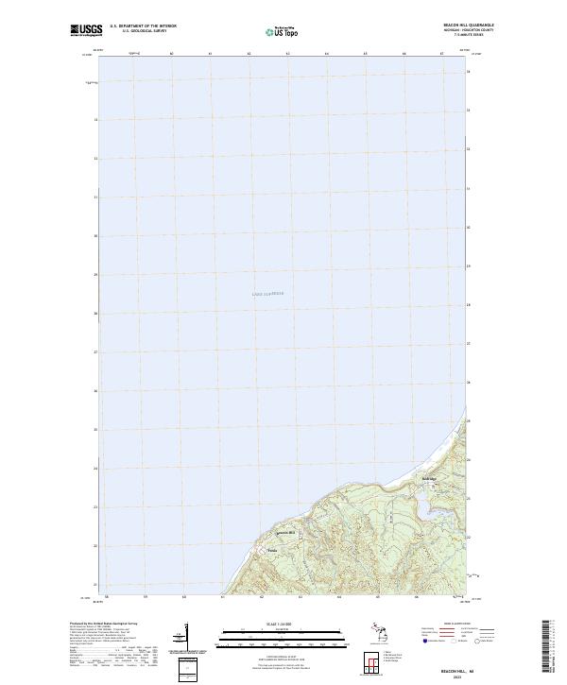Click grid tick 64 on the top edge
point(326,54)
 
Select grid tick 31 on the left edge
point(95,197)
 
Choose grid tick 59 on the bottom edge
point(146,596)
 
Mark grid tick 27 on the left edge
point(95,352)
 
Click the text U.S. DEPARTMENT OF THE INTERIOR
point(144,26)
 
